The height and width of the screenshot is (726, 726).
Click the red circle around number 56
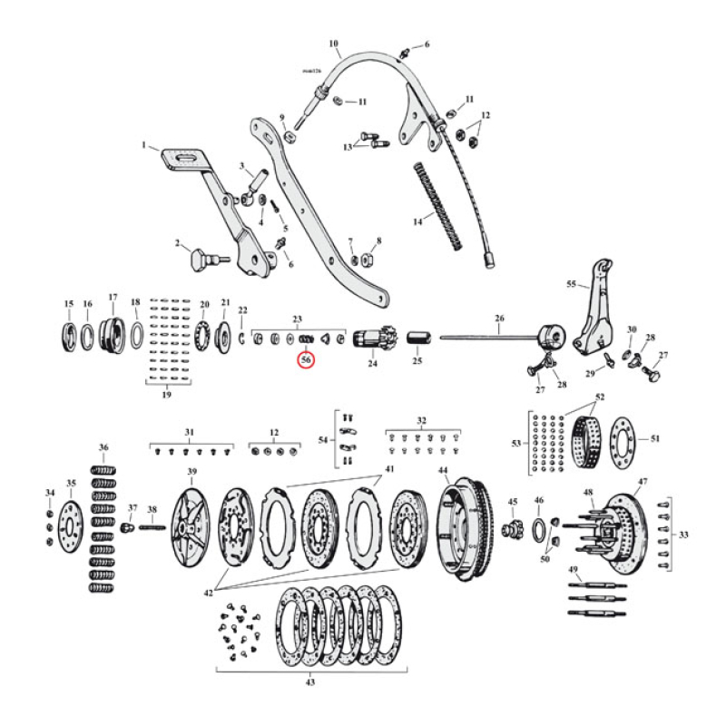click(306, 359)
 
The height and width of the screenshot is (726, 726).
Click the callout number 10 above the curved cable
click(333, 44)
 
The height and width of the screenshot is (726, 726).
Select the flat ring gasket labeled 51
click(624, 441)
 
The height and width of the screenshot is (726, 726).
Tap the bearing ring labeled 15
click(68, 334)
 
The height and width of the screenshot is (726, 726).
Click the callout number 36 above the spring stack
click(104, 448)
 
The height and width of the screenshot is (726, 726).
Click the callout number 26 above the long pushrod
click(497, 319)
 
